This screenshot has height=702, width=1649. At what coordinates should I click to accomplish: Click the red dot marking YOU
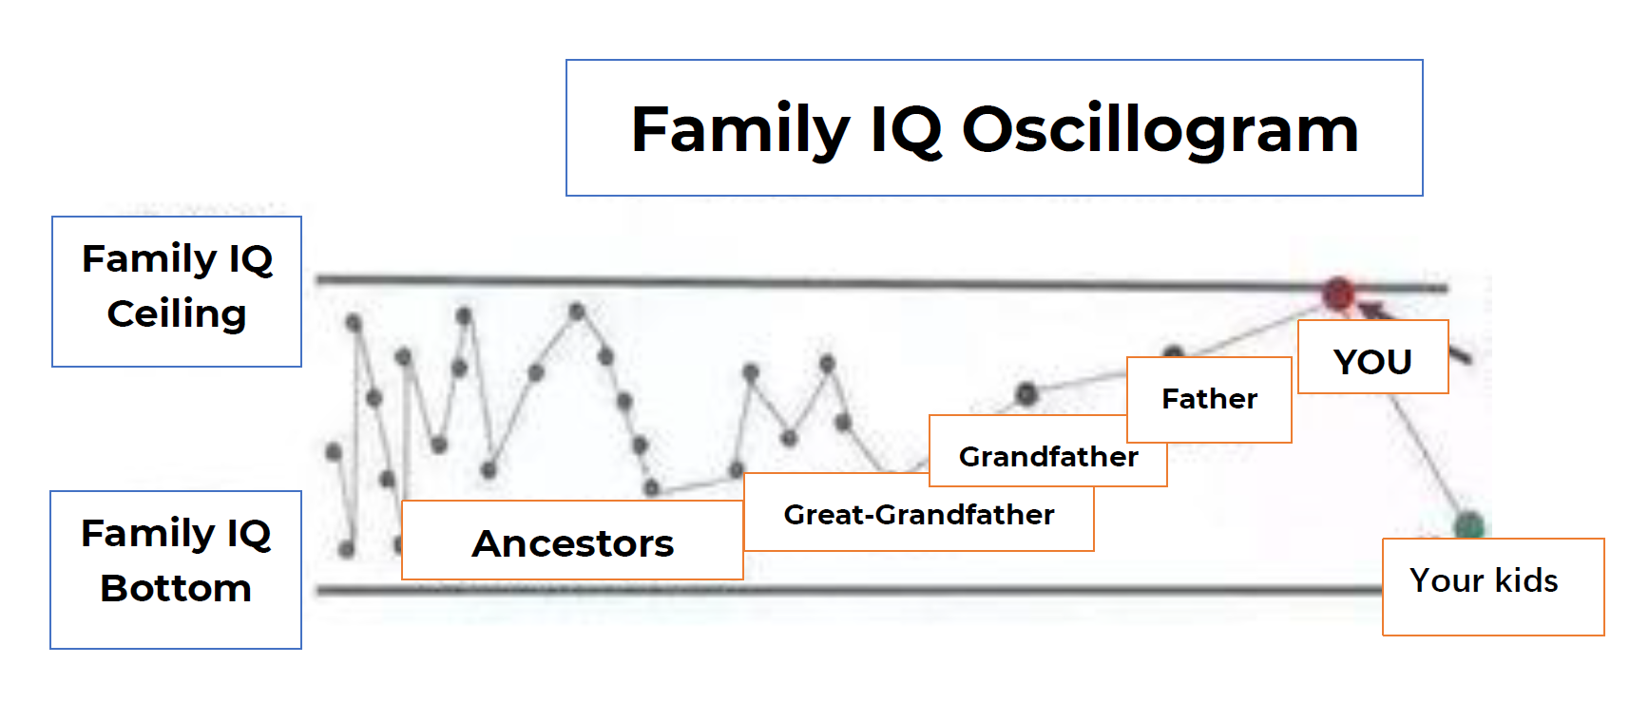tap(1338, 294)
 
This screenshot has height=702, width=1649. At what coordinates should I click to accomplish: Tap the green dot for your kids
tap(1469, 525)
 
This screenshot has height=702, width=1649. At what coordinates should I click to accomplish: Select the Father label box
tap(1209, 399)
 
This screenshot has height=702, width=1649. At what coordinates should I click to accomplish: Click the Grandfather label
tap(1048, 457)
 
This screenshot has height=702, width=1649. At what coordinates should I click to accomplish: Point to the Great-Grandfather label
tap(919, 514)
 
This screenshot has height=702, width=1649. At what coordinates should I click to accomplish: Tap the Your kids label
tap(1493, 586)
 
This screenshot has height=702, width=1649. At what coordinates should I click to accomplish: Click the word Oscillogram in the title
tap(1160, 130)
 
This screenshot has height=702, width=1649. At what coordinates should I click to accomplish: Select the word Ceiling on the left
tap(177, 313)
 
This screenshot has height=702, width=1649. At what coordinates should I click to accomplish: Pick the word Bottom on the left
tap(176, 588)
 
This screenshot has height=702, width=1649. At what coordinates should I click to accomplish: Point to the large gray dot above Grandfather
tap(1026, 393)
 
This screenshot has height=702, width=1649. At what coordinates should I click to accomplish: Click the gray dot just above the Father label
tap(1174, 352)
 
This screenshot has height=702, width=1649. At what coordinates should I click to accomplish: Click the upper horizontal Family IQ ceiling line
tap(882, 283)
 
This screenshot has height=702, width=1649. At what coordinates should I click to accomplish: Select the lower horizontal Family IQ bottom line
tap(849, 591)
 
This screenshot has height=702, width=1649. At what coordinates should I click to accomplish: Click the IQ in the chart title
tap(906, 130)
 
